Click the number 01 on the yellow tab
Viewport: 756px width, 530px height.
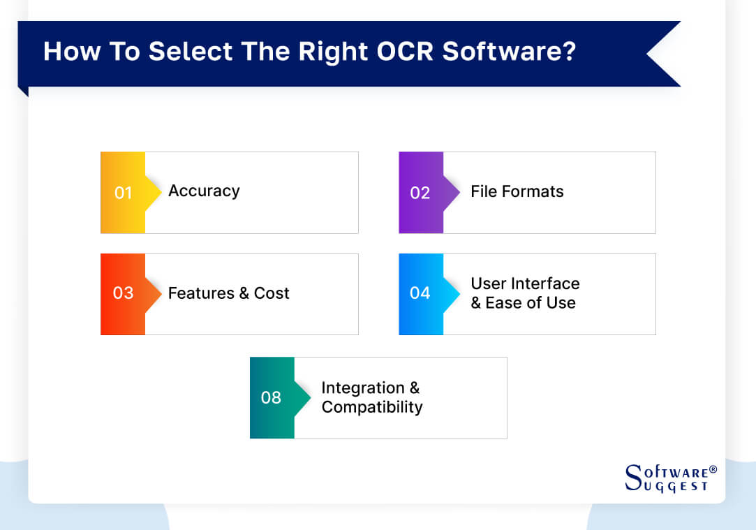tap(123, 193)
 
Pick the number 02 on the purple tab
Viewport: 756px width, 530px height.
tap(420, 193)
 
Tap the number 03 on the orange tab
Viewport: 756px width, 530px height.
tap(123, 293)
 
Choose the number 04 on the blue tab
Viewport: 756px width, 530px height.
tap(420, 293)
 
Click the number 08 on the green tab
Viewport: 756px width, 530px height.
tap(271, 398)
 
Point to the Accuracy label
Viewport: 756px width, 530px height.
tap(204, 191)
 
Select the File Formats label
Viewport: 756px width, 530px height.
tap(517, 191)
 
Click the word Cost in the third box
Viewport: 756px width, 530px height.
tap(272, 293)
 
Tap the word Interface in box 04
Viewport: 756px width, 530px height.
tap(545, 284)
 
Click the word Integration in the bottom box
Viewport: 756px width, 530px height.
tap(362, 388)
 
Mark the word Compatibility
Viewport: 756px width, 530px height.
tap(371, 407)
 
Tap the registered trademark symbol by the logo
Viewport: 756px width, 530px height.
tap(713, 469)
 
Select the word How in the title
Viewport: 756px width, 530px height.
tap(67, 52)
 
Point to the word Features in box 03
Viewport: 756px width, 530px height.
tap(200, 293)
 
